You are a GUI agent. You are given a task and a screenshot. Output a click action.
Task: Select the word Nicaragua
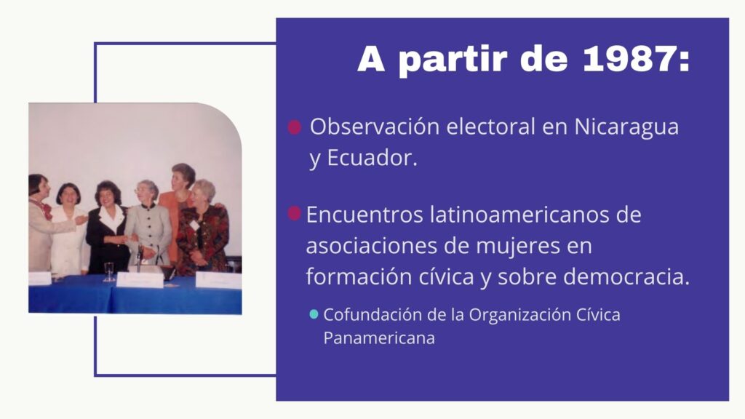626,127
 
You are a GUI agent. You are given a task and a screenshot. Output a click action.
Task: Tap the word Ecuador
372,158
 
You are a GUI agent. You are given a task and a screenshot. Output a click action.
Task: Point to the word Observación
375,127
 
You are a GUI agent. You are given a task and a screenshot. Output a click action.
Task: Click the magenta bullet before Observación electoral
295,127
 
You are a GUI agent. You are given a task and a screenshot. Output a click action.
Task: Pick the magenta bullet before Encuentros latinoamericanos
294,213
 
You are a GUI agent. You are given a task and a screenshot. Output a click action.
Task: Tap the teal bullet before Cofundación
314,314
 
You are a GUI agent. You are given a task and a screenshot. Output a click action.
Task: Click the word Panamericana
379,338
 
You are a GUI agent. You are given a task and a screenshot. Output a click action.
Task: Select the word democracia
626,276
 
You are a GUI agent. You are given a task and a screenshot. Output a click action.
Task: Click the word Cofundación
373,314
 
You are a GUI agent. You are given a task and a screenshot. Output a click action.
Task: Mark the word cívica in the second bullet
446,276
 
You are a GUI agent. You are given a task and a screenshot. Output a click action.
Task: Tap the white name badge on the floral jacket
195,224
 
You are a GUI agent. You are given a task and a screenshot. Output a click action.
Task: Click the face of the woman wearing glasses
145,192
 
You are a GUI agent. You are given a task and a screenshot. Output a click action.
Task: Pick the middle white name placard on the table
140,280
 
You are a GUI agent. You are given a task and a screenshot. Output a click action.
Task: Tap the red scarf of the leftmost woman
46,209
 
